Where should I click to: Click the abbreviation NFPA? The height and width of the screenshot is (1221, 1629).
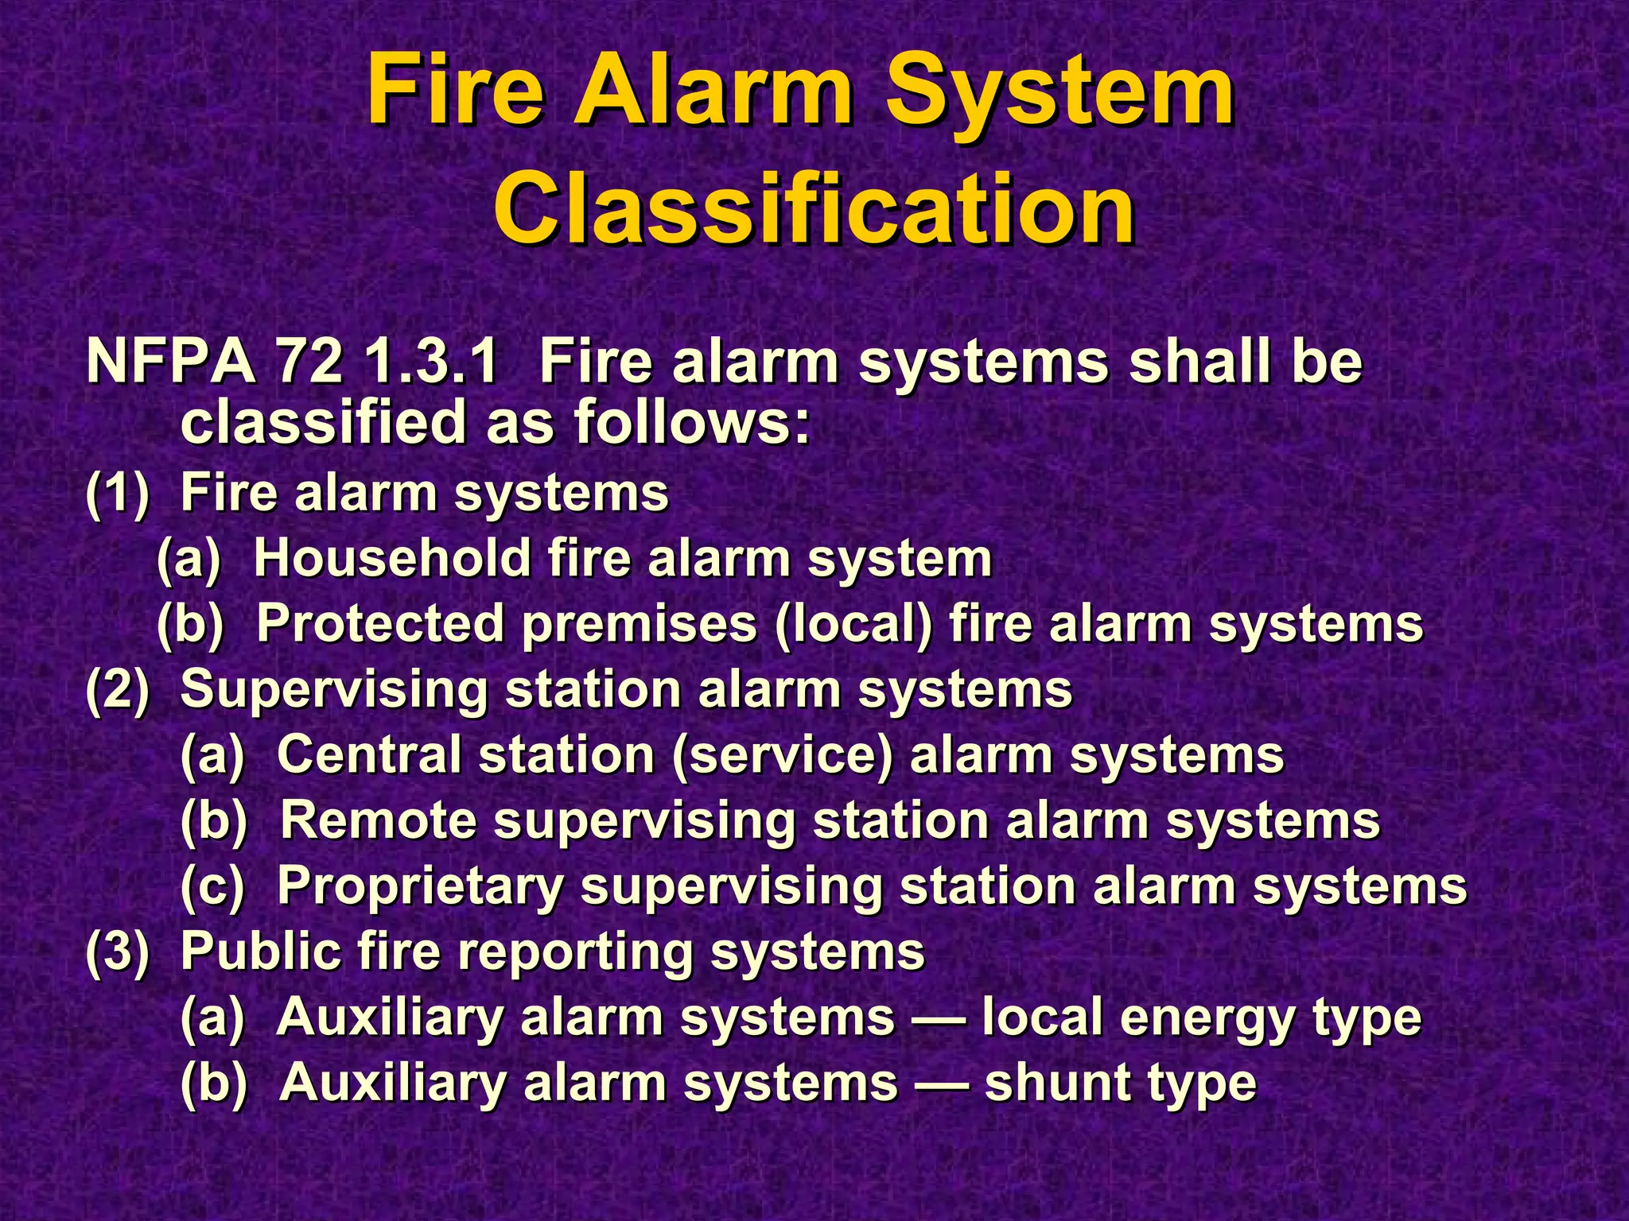coord(170,362)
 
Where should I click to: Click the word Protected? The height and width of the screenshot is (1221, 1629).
coord(380,623)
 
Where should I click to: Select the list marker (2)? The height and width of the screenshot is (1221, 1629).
coord(117,689)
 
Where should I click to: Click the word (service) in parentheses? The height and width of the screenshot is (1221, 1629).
coord(783,754)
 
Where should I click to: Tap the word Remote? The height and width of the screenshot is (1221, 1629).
coord(379,820)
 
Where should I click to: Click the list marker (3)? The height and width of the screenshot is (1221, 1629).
coord(117,951)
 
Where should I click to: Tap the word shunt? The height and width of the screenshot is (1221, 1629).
coord(1058,1083)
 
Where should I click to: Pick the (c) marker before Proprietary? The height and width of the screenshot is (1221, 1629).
coord(212,886)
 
